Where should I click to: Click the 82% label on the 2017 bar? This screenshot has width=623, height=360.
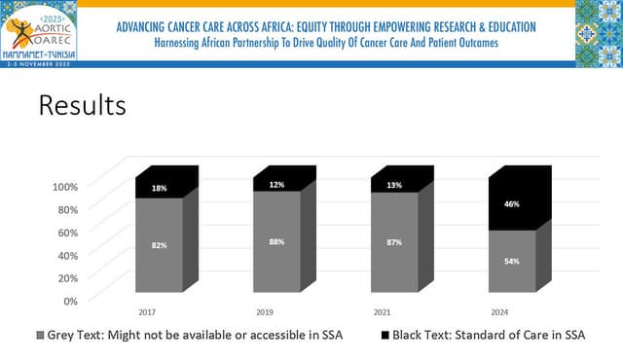point(159,246)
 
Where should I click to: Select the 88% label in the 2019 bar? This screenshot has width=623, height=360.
point(276,243)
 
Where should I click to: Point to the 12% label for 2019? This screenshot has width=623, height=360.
point(276,185)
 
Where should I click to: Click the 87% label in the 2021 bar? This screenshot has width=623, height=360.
point(393,243)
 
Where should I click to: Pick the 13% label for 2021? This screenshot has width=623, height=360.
point(393,186)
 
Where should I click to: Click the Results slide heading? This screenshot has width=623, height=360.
point(82,105)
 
